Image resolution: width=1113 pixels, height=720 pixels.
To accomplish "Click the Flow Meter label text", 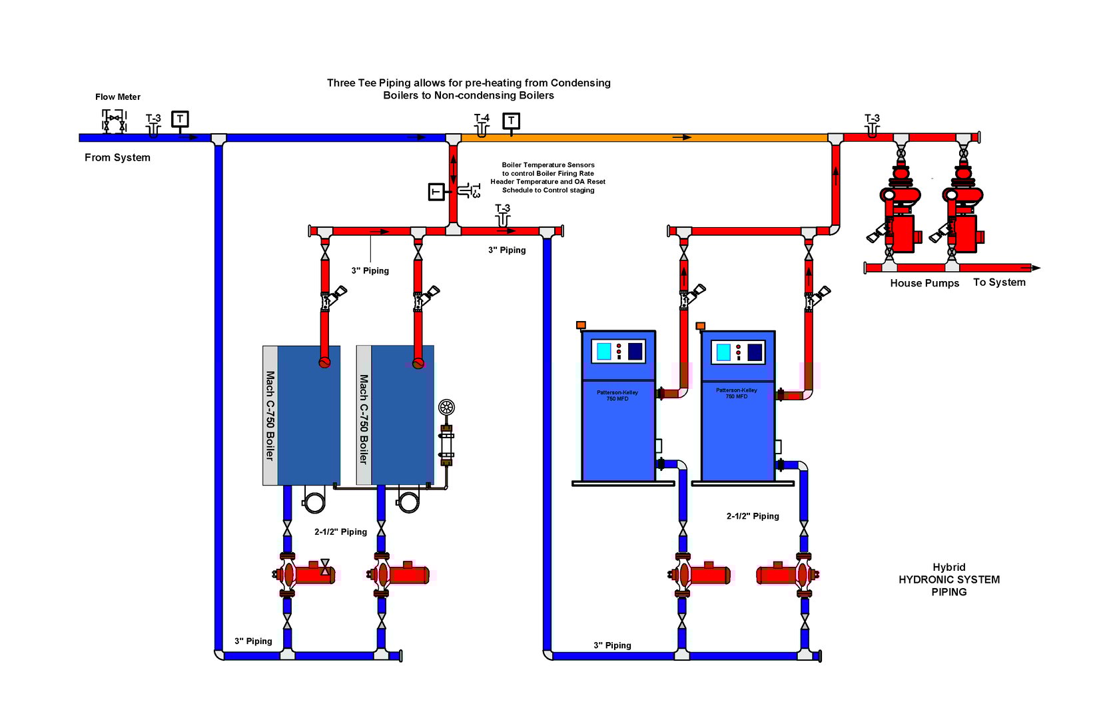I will click(117, 97).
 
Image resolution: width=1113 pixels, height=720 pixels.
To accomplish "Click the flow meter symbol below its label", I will click(114, 121).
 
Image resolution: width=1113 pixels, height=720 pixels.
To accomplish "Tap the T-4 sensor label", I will click(482, 118).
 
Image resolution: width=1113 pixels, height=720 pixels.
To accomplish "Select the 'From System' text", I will click(117, 158).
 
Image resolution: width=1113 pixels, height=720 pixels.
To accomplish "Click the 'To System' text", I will click(998, 282).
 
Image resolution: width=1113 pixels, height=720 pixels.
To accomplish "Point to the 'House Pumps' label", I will click(924, 283).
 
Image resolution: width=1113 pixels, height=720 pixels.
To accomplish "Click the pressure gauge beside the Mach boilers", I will click(446, 407).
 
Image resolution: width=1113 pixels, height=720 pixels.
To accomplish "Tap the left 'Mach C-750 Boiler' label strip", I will click(270, 415).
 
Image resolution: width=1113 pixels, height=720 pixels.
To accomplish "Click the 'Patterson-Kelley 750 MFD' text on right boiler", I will click(736, 394).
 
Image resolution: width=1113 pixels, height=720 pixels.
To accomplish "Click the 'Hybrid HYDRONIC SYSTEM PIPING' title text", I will click(948, 579).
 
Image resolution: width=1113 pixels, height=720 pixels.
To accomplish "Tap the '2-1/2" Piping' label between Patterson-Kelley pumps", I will click(752, 516).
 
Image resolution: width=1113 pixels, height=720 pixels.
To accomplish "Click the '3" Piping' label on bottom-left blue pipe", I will click(253, 641).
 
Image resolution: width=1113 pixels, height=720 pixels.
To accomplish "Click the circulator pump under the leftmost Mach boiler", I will click(303, 574).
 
